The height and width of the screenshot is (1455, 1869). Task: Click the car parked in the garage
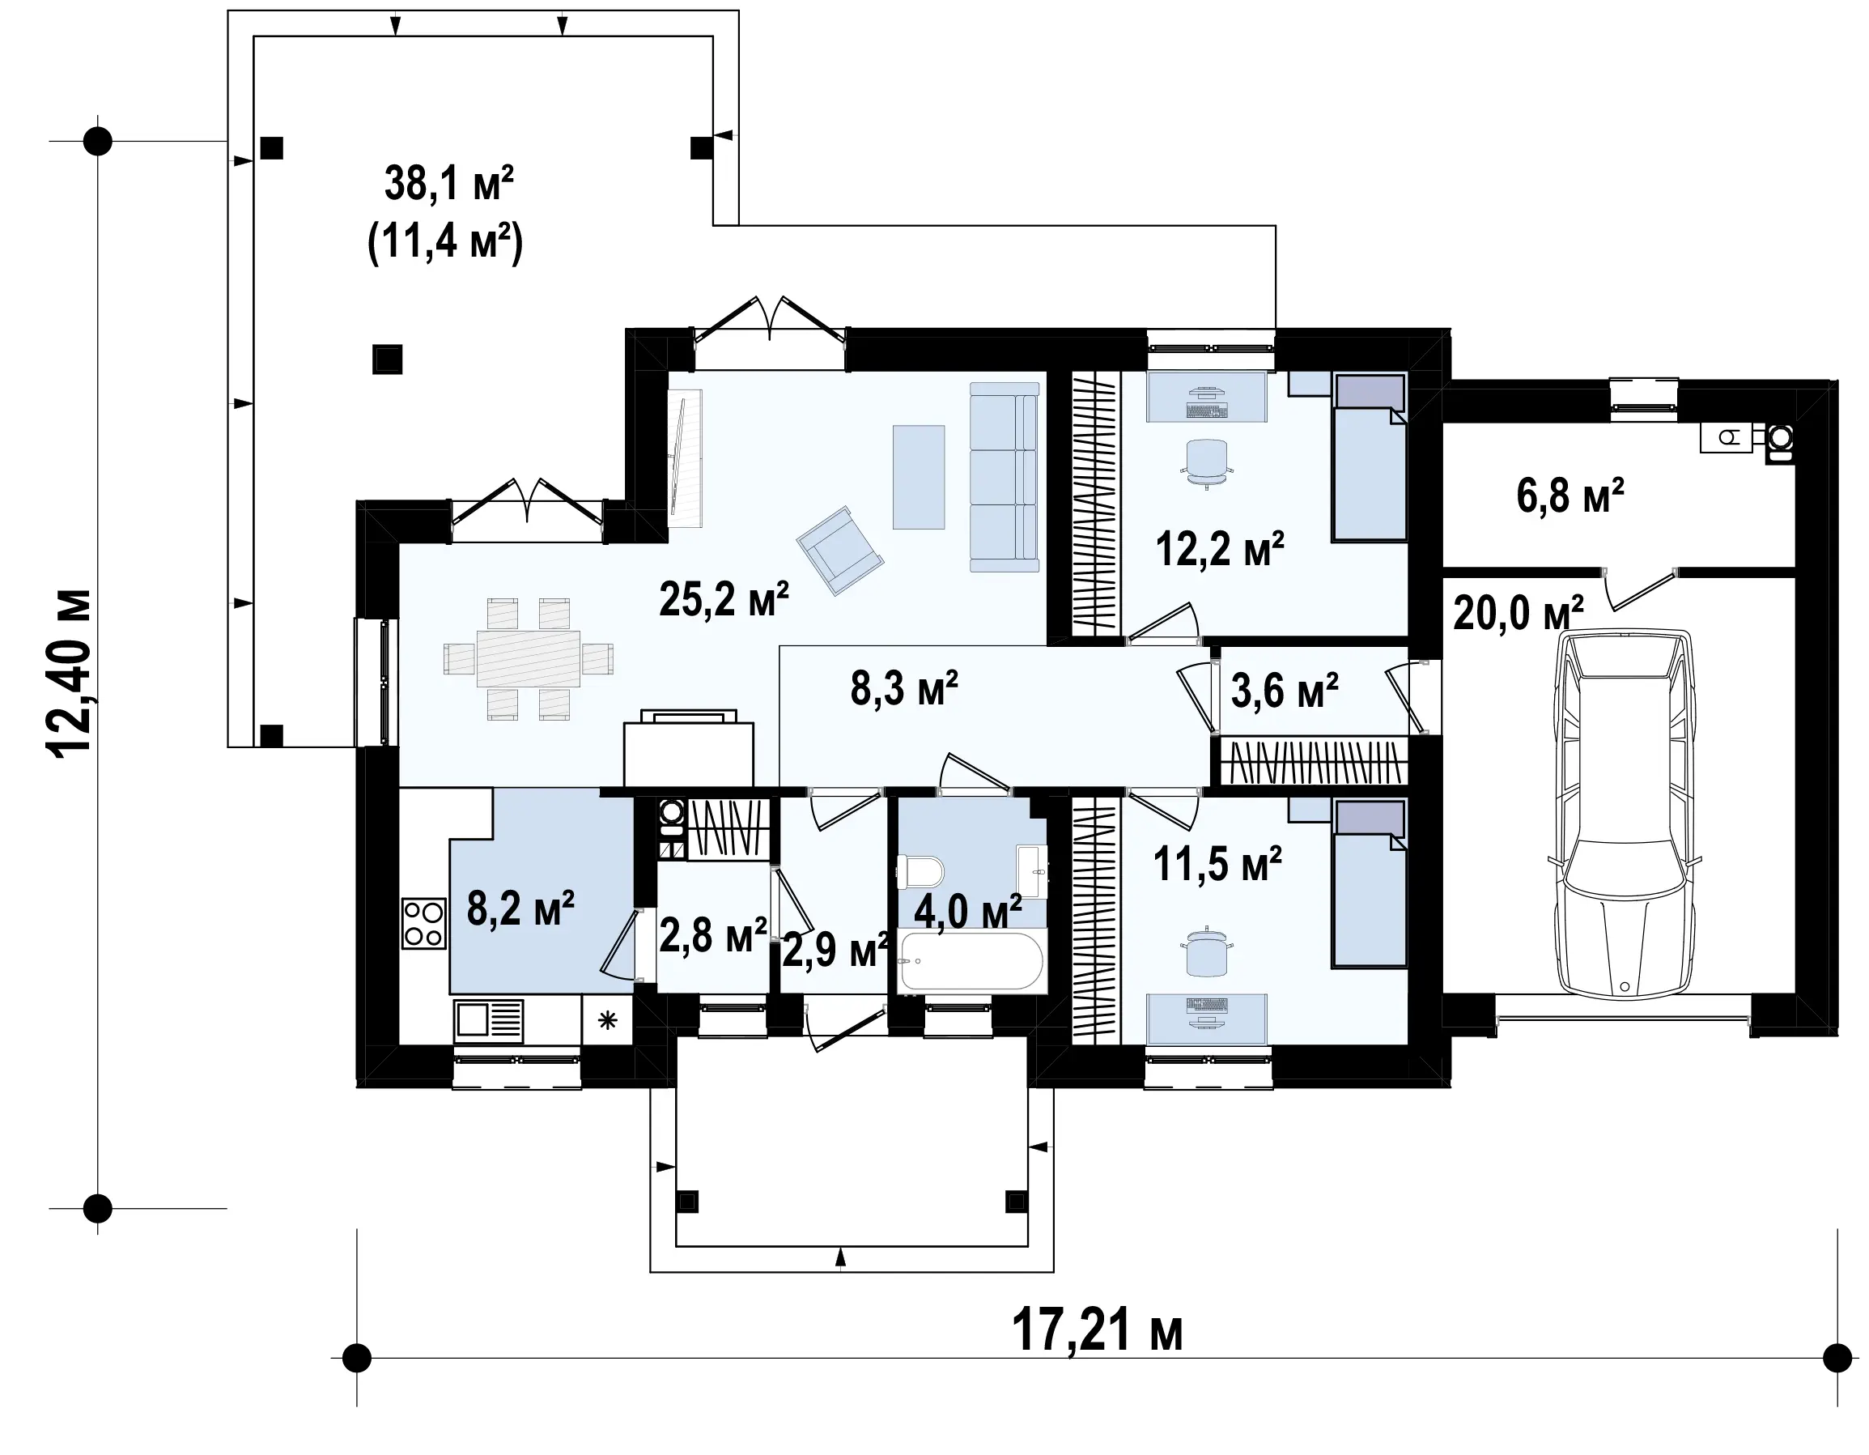click(1624, 814)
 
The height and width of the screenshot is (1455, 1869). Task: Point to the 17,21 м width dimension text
click(1097, 1329)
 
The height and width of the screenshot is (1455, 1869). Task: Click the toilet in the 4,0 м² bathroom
click(920, 872)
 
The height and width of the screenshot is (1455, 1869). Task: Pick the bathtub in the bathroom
click(971, 962)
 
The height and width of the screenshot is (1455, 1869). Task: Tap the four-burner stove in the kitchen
click(423, 924)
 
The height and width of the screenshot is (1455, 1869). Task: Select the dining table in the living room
click(528, 657)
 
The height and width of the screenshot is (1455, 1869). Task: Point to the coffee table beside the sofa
click(918, 477)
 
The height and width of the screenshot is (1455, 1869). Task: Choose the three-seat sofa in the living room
click(1004, 477)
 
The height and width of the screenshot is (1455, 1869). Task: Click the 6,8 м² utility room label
click(1570, 496)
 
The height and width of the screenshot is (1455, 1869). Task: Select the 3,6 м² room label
click(1285, 690)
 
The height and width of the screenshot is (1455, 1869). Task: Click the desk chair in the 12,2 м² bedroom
click(1207, 463)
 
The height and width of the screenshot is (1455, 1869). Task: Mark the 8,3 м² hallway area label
click(903, 688)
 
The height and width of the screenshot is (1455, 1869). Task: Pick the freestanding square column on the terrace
click(388, 359)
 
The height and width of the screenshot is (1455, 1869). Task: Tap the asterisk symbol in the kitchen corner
click(607, 1019)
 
